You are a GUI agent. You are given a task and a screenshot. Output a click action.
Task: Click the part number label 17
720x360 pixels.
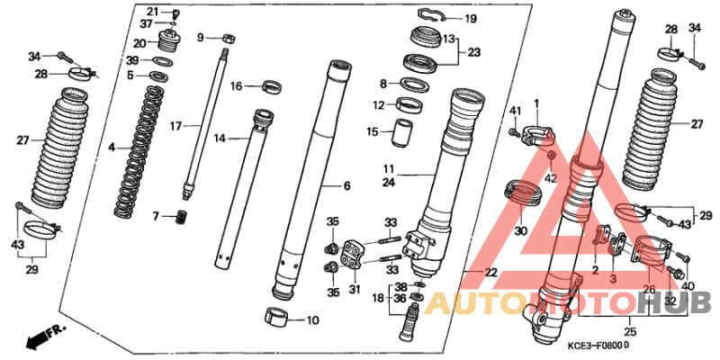(x=175, y=126)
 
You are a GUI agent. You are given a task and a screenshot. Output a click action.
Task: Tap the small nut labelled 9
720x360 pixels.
(x=229, y=38)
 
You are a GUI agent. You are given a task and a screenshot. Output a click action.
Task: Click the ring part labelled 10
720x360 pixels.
(x=277, y=319)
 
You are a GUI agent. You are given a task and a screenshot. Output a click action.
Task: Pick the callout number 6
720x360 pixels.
(x=346, y=186)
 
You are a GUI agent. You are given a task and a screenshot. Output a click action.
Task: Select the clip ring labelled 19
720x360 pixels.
(x=432, y=15)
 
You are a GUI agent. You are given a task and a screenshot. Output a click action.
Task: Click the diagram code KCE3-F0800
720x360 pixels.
(x=597, y=345)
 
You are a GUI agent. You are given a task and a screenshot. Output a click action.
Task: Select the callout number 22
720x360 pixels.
(x=490, y=273)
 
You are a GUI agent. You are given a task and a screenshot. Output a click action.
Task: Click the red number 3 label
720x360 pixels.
(x=614, y=279)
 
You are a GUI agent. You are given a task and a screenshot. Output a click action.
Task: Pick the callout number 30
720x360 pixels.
(x=520, y=231)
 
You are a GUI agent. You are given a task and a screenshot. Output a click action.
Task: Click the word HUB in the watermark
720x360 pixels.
(x=678, y=303)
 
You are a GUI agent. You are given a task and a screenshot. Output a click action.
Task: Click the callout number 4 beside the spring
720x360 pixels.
(x=112, y=148)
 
